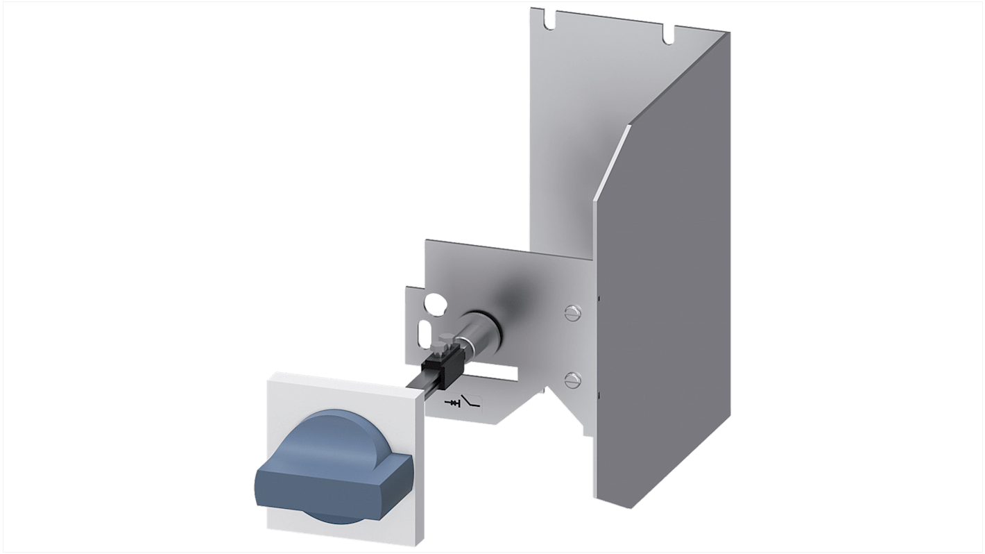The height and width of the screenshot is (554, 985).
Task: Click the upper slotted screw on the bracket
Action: [x=572, y=312]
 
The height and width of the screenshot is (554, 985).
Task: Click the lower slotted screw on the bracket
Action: [x=572, y=378]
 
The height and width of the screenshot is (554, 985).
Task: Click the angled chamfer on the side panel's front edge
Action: [x=610, y=163]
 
